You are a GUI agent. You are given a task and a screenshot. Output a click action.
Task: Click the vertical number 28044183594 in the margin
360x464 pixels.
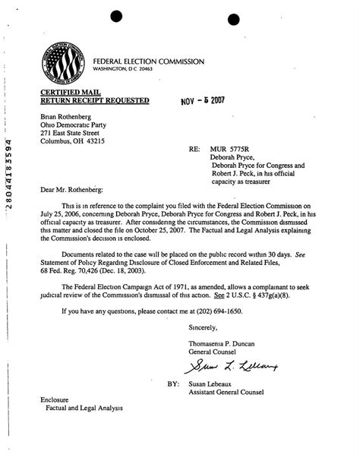pyautogui.click(x=8, y=171)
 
